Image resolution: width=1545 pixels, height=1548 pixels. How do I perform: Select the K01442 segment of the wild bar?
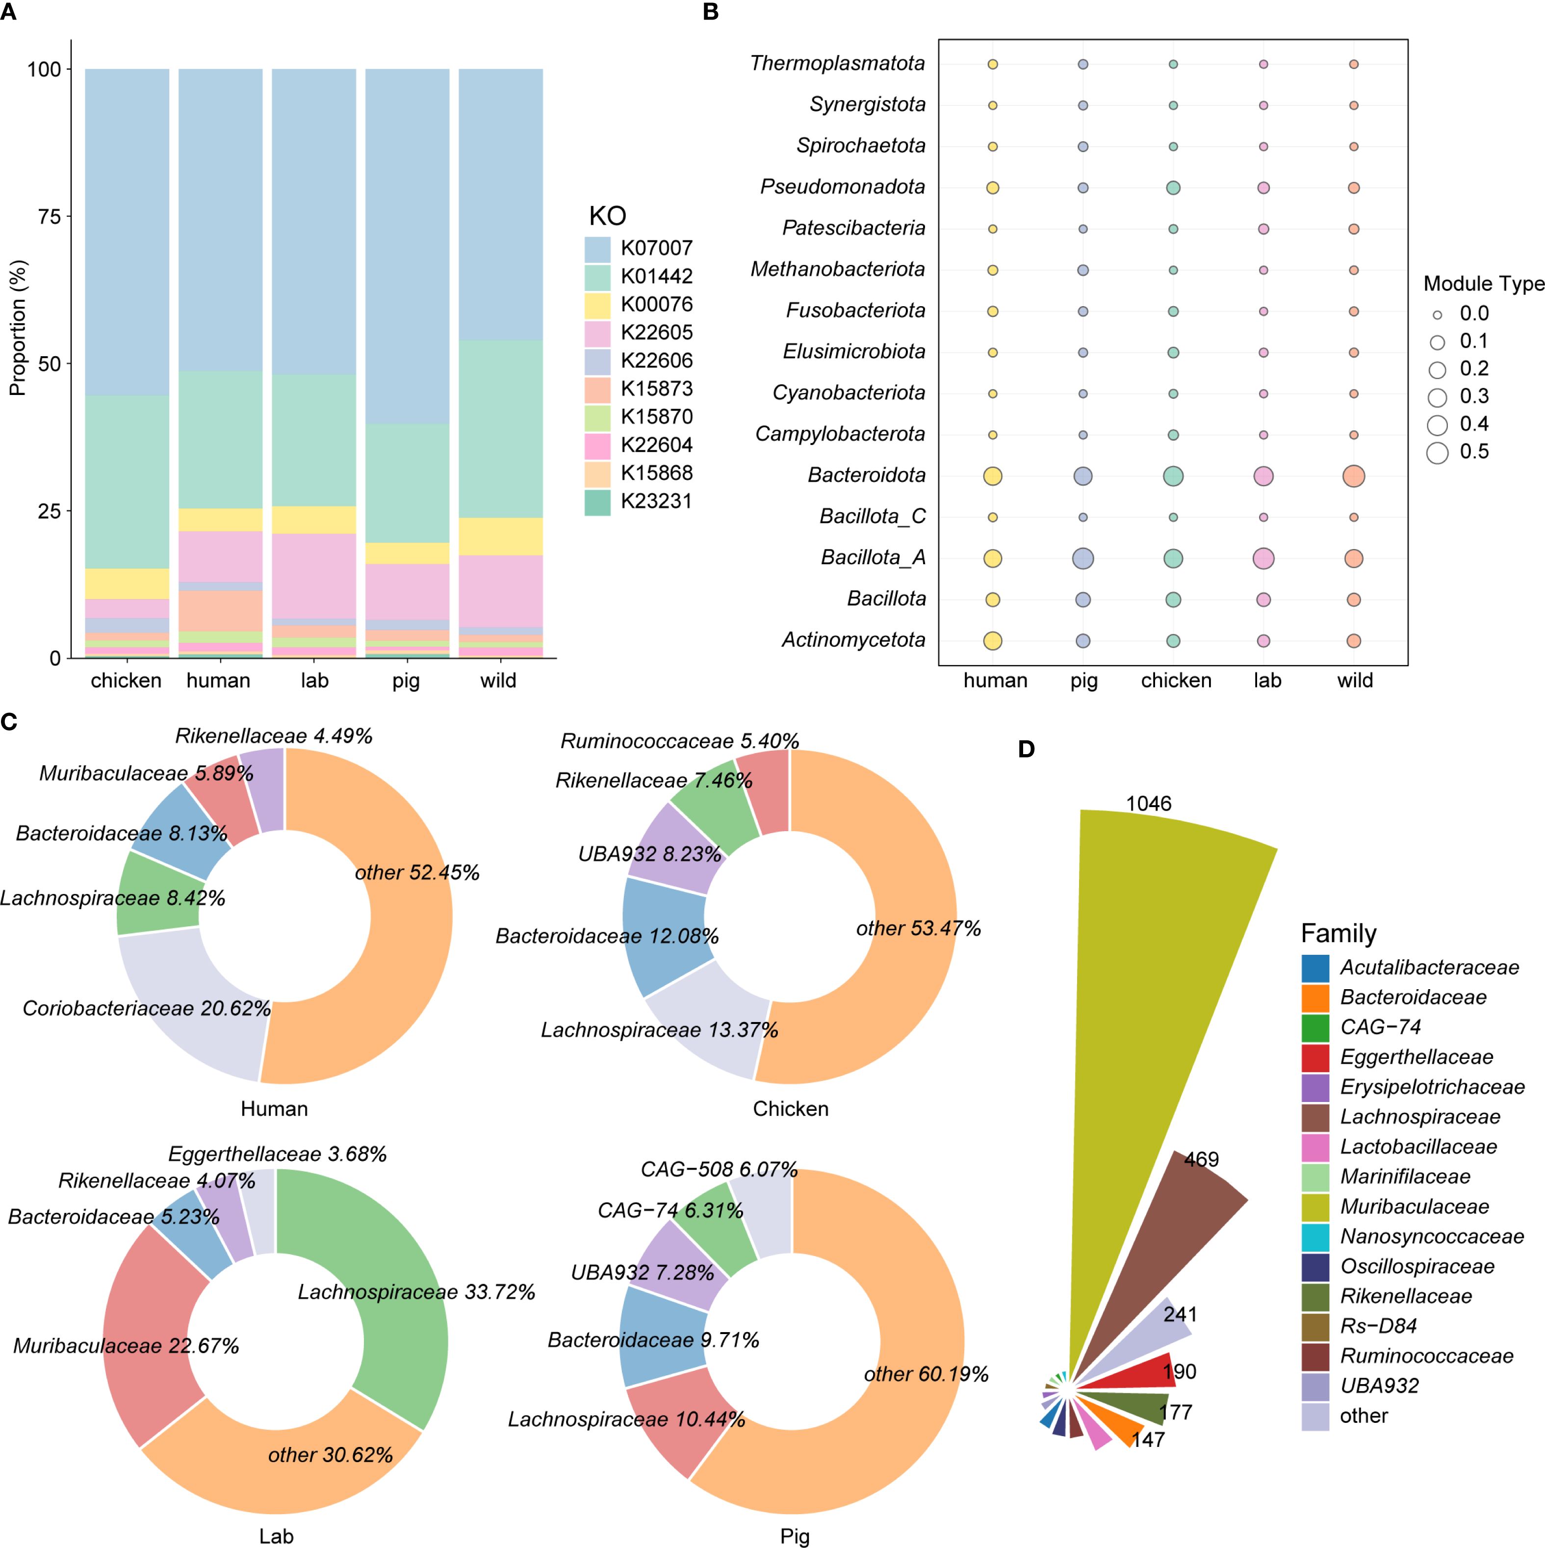[501, 429]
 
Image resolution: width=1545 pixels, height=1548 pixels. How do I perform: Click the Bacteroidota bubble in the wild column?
[1354, 476]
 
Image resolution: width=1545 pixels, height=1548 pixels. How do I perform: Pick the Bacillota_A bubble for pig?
[1083, 558]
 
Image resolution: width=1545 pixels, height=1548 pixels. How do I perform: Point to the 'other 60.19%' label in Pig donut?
[926, 1374]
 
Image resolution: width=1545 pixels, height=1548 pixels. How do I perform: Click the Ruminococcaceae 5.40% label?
[679, 741]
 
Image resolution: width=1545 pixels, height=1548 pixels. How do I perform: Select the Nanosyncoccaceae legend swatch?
[1315, 1237]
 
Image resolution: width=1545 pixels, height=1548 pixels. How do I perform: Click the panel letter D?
[1026, 749]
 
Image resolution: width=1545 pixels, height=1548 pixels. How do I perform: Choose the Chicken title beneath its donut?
[791, 1109]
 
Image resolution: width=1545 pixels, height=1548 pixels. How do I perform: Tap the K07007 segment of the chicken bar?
[127, 233]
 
